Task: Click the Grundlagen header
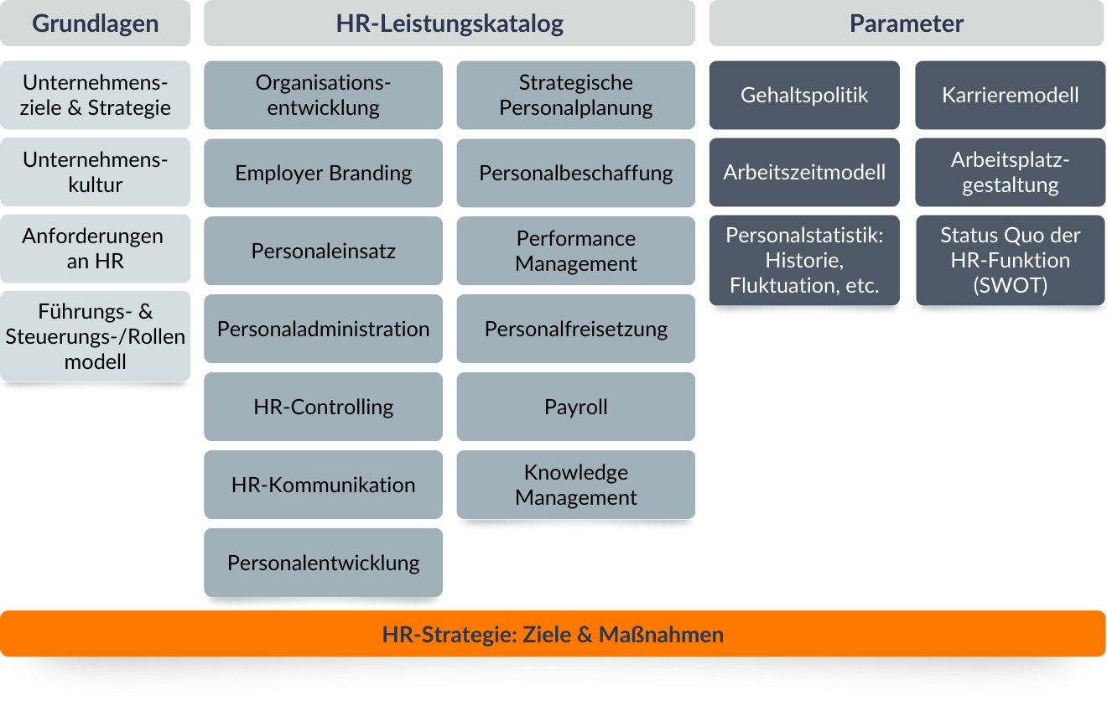coord(95,23)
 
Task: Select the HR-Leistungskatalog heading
coord(450,23)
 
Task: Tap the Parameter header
coord(907,23)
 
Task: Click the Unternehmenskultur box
coord(95,172)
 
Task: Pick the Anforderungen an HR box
coord(95,248)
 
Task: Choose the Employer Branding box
coord(323,173)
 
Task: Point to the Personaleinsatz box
coord(323,251)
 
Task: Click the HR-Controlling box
coord(323,407)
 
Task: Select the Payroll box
coord(576,407)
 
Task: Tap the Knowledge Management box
coord(576,485)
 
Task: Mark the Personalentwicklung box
coord(323,563)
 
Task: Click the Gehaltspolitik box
coord(804,95)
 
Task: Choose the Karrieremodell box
coord(1010,95)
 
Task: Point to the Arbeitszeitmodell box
coord(804,172)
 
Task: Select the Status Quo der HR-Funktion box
coord(1010,260)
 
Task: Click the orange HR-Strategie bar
coord(553,634)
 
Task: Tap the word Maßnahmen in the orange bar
coord(661,634)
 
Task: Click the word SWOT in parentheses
coord(1010,285)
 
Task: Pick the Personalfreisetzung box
coord(576,329)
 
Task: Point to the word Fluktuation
coord(779,286)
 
